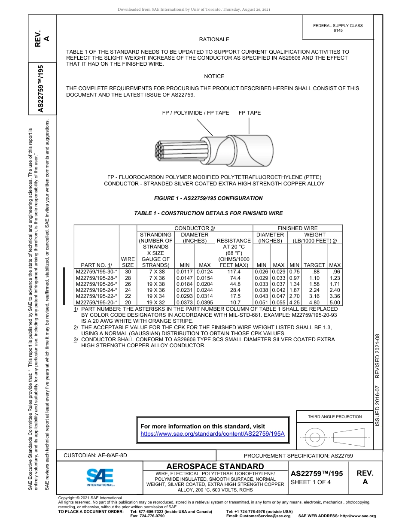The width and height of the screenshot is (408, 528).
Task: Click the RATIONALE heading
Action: coord(214,39)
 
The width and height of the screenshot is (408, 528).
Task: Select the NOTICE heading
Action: coord(214,76)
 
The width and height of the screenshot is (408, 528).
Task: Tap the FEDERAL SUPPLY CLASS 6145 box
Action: coord(338,28)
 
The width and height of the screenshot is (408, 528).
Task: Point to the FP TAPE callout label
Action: coord(250,113)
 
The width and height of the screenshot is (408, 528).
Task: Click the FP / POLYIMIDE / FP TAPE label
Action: coord(195,113)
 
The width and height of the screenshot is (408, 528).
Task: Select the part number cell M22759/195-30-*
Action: coord(96,272)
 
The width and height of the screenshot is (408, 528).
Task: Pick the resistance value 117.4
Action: coord(234,272)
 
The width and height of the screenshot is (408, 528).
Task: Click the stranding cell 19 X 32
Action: coord(155,303)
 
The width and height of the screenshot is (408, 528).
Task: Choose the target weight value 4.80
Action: coord(314,303)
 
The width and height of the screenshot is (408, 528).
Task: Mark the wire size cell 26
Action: coord(128,284)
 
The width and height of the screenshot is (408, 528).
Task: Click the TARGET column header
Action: coord(314,265)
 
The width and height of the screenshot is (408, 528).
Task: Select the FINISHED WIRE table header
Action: coord(298,228)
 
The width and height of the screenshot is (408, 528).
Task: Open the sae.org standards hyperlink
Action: coord(213,434)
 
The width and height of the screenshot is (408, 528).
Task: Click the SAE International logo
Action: coord(100,476)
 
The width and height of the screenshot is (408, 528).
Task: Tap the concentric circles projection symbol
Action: coord(315,437)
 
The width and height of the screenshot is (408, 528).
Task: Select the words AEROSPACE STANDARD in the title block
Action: coord(215,466)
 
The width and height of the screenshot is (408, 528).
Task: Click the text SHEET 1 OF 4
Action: coord(311,482)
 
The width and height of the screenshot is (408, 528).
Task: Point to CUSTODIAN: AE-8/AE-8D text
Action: coord(95,455)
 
